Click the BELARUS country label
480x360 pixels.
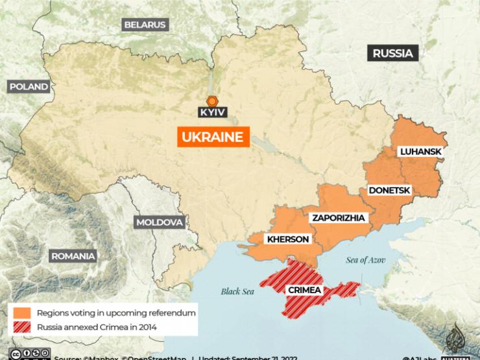tap(145, 25)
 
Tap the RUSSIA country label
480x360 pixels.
tap(393, 53)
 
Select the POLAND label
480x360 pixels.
tap(29, 86)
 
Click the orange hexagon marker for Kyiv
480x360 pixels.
tap(212, 101)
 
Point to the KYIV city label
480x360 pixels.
tap(213, 112)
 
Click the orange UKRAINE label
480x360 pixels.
tap(213, 137)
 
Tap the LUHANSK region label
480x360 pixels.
tap(420, 152)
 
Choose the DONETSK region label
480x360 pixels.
tap(389, 191)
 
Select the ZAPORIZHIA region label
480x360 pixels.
tap(337, 217)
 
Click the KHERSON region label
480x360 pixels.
tap(288, 239)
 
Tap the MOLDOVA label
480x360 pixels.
tap(160, 222)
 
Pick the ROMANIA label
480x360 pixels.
tap(73, 256)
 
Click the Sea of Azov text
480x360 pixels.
tap(365, 260)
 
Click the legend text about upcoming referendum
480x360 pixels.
tap(116, 313)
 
